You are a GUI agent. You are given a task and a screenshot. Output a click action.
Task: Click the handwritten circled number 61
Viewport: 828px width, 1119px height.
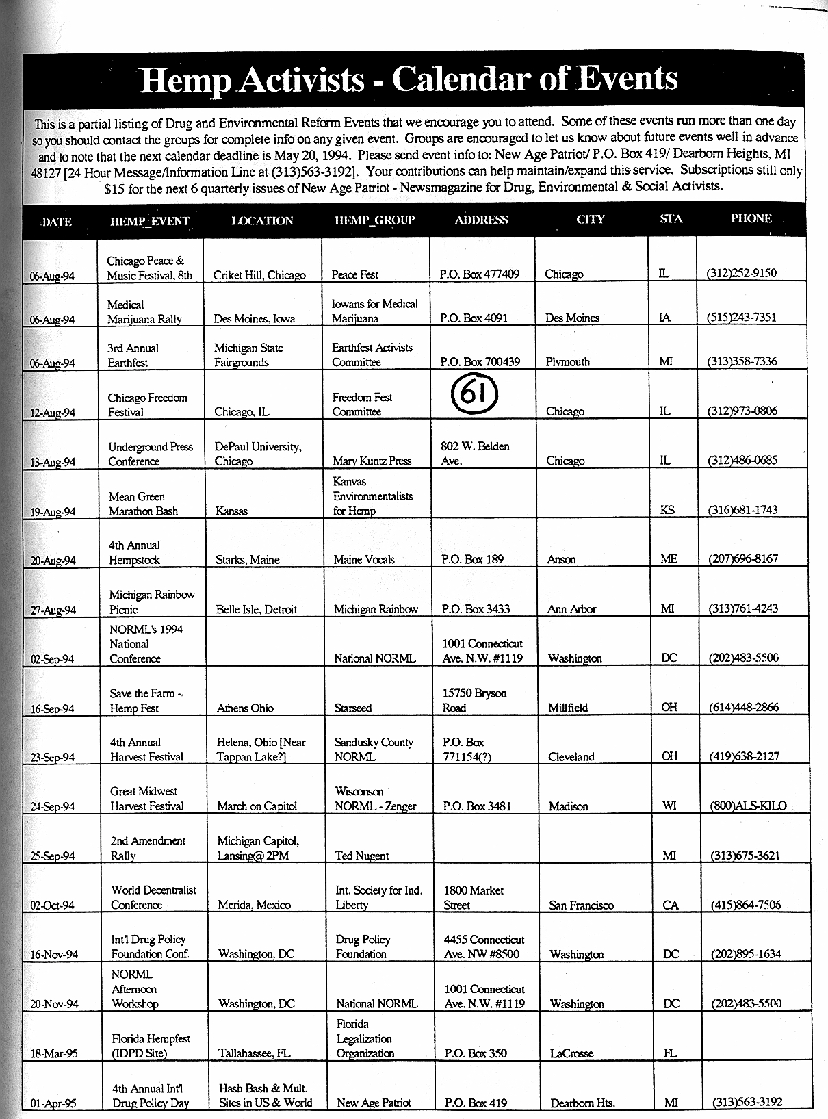[x=475, y=394]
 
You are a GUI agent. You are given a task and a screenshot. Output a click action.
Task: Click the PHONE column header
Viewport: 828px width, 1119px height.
[x=751, y=219]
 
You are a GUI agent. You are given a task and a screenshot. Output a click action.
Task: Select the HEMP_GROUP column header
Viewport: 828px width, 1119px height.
[x=374, y=220]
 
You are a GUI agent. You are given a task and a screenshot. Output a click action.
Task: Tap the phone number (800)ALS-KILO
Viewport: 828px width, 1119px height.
[x=748, y=806]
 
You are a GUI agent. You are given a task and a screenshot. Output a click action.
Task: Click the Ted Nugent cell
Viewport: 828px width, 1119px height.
[x=362, y=856]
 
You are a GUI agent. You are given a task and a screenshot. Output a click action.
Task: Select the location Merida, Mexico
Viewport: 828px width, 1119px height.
[x=254, y=905]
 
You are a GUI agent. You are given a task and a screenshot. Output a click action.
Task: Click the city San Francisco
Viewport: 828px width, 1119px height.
[x=581, y=905]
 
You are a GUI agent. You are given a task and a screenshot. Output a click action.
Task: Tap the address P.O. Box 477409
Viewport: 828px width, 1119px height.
[x=479, y=274]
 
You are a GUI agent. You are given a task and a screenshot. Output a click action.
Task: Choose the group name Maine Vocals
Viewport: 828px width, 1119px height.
[x=364, y=559]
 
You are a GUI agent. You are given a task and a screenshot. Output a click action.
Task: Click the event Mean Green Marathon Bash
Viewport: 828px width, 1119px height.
[x=143, y=504]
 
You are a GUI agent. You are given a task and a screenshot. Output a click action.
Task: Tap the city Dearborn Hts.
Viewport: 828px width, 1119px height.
[x=582, y=1103]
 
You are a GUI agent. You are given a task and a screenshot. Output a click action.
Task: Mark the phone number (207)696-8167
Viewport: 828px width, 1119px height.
[x=742, y=558]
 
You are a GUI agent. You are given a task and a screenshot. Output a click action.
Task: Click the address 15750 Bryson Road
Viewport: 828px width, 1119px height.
[x=474, y=700]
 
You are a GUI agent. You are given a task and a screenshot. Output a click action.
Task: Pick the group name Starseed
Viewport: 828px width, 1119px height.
[x=353, y=708]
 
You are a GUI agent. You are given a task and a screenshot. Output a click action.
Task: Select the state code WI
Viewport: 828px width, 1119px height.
[x=669, y=806]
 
